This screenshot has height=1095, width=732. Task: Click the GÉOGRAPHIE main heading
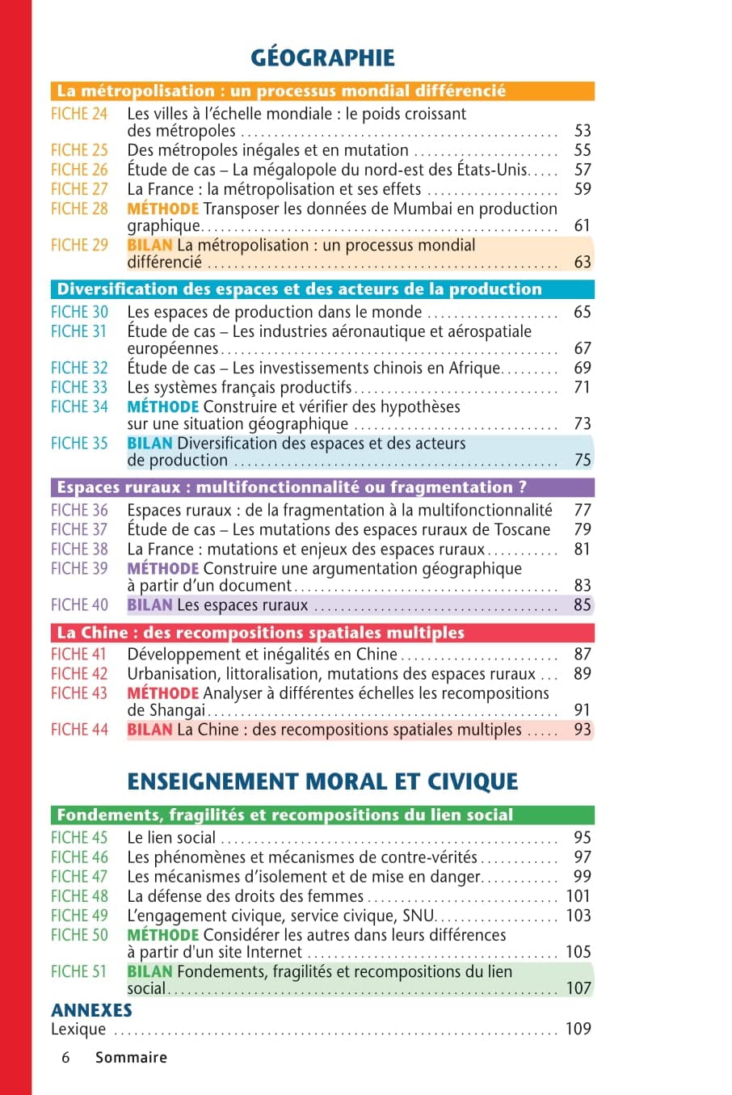322,57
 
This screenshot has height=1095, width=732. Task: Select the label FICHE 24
79,114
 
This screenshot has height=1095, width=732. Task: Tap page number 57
582,170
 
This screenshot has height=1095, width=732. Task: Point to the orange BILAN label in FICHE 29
149,245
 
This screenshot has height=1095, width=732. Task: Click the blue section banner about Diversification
323,289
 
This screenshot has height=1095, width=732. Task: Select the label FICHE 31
79,331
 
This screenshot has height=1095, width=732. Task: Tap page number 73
582,423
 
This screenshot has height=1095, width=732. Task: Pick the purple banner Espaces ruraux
323,487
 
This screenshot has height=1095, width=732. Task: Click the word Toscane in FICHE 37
518,529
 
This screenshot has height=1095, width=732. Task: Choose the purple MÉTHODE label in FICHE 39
162,568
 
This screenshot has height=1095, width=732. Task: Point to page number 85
582,604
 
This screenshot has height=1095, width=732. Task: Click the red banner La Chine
323,633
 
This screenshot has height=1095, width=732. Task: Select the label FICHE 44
79,730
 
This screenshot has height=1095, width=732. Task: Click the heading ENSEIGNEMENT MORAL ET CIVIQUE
322,781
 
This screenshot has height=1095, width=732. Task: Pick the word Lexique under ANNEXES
78,1029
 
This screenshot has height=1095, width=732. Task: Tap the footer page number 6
65,1057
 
